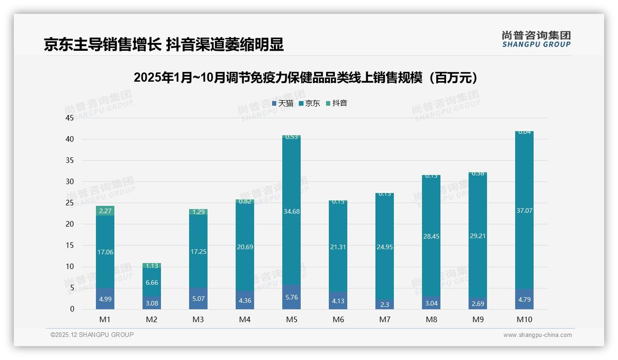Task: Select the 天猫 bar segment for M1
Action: click(105, 299)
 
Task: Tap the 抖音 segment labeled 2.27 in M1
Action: click(105, 211)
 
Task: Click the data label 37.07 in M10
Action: click(524, 210)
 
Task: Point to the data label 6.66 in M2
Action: click(152, 282)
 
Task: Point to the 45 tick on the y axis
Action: click(70, 118)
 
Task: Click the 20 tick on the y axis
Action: click(70, 224)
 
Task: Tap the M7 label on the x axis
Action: click(385, 319)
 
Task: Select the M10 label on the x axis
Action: click(524, 319)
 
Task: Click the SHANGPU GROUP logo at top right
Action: click(536, 39)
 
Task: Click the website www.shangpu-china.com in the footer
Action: click(537, 335)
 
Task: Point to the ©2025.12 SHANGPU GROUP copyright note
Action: click(92, 335)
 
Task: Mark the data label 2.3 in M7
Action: click(385, 305)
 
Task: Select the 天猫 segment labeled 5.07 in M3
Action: click(198, 299)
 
